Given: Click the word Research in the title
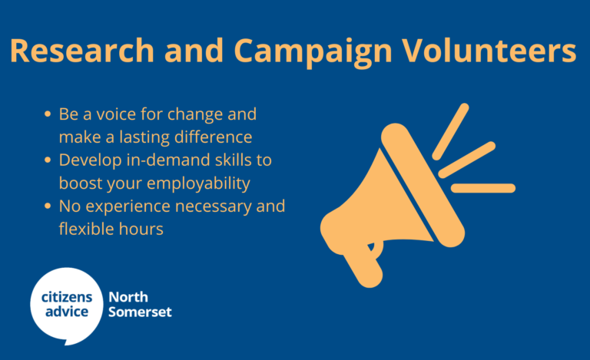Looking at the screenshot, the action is (x=82, y=51).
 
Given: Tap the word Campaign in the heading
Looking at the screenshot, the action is (x=313, y=53).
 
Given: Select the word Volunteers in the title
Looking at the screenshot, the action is (x=489, y=51).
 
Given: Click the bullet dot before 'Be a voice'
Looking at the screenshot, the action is (x=48, y=114).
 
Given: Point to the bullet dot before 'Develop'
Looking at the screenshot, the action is (x=48, y=160).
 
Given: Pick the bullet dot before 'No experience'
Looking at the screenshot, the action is (x=48, y=206).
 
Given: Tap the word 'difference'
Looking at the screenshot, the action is (x=214, y=137).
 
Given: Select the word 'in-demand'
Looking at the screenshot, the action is (x=168, y=160).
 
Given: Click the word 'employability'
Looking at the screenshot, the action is (x=198, y=184).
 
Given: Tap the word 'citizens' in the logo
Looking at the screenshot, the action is (x=67, y=297).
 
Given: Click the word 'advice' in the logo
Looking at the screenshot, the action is (x=67, y=312).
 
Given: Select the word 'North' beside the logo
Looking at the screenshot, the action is (x=128, y=297).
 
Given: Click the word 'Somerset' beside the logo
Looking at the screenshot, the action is (x=140, y=312).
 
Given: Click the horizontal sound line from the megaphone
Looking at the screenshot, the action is (x=483, y=188).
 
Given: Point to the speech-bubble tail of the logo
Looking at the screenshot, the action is (x=68, y=342).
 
